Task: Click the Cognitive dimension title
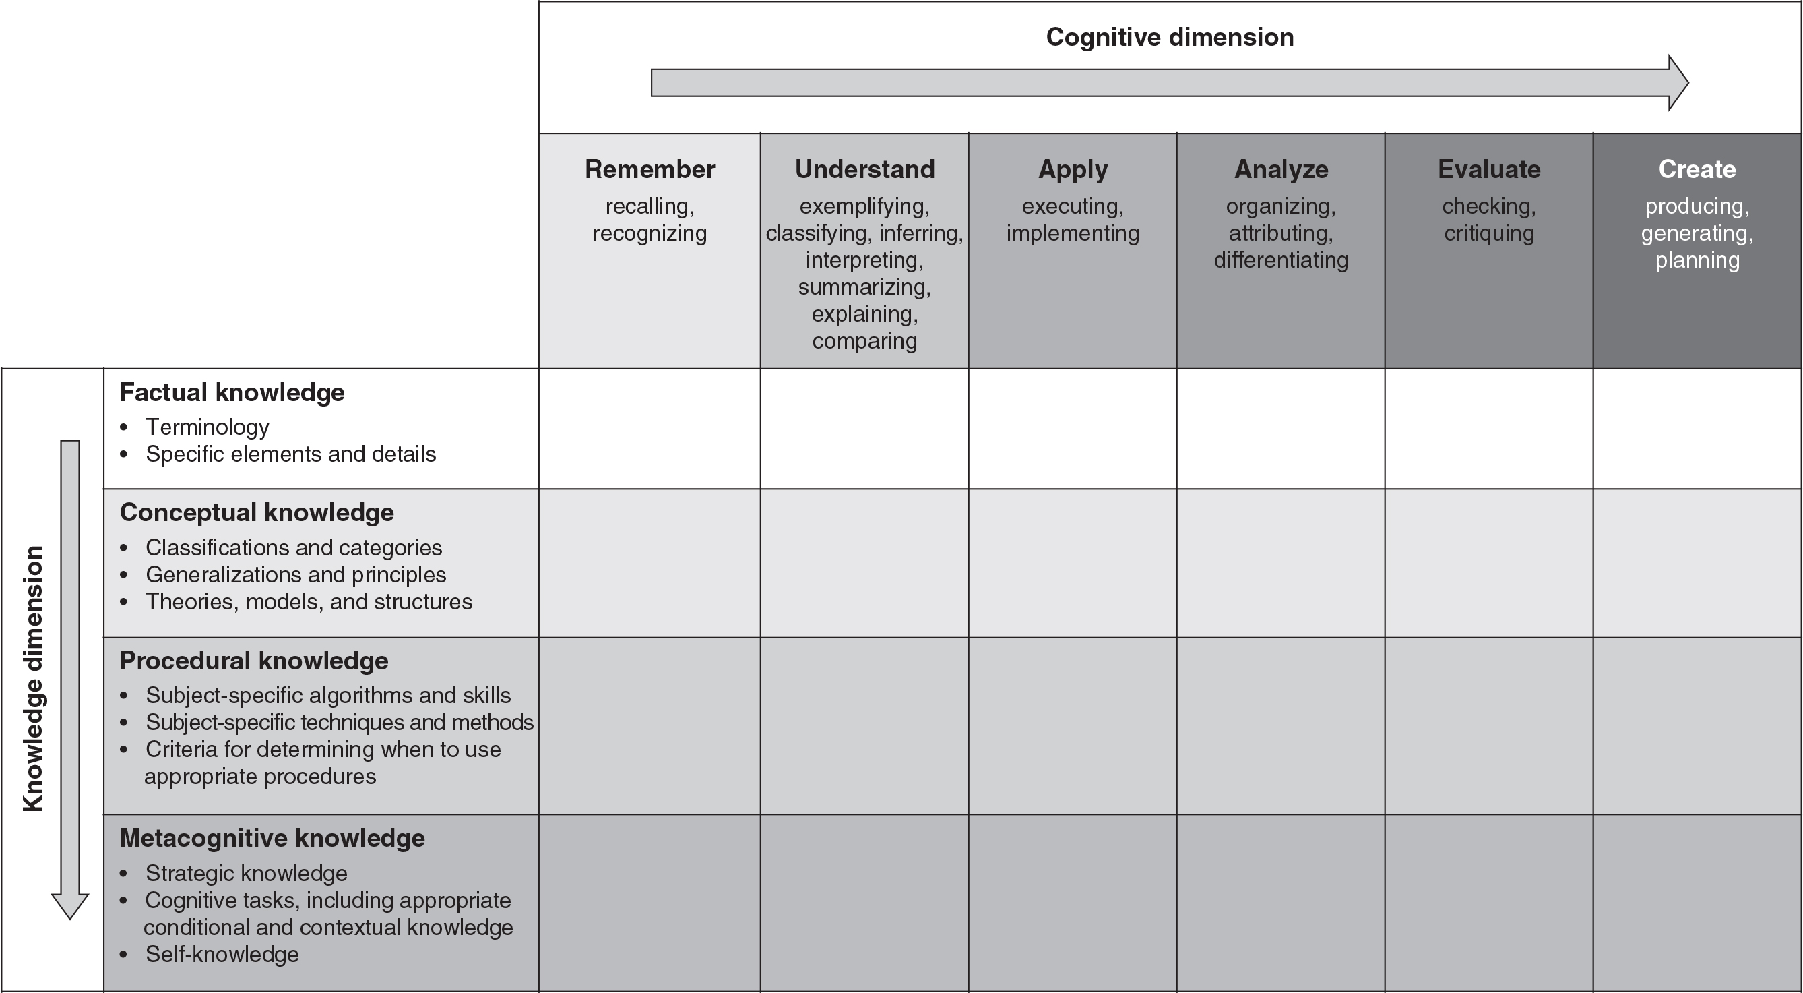(1170, 37)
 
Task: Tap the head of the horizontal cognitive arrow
(1678, 83)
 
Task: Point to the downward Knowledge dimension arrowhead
(70, 906)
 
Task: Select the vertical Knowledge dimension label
(33, 679)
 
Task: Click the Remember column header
(650, 169)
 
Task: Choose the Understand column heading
(864, 169)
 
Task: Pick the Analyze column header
(1281, 170)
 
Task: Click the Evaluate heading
(1489, 169)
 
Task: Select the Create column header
(1697, 169)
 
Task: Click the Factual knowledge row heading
(232, 393)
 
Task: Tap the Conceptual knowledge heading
(256, 512)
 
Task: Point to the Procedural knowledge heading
(253, 661)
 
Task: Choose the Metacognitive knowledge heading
(272, 838)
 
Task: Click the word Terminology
(207, 427)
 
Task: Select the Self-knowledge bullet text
(222, 955)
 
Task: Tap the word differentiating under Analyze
(1281, 260)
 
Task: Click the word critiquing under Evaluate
(1489, 233)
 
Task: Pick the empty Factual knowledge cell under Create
(1697, 429)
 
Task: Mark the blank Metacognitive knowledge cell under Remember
(650, 903)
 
